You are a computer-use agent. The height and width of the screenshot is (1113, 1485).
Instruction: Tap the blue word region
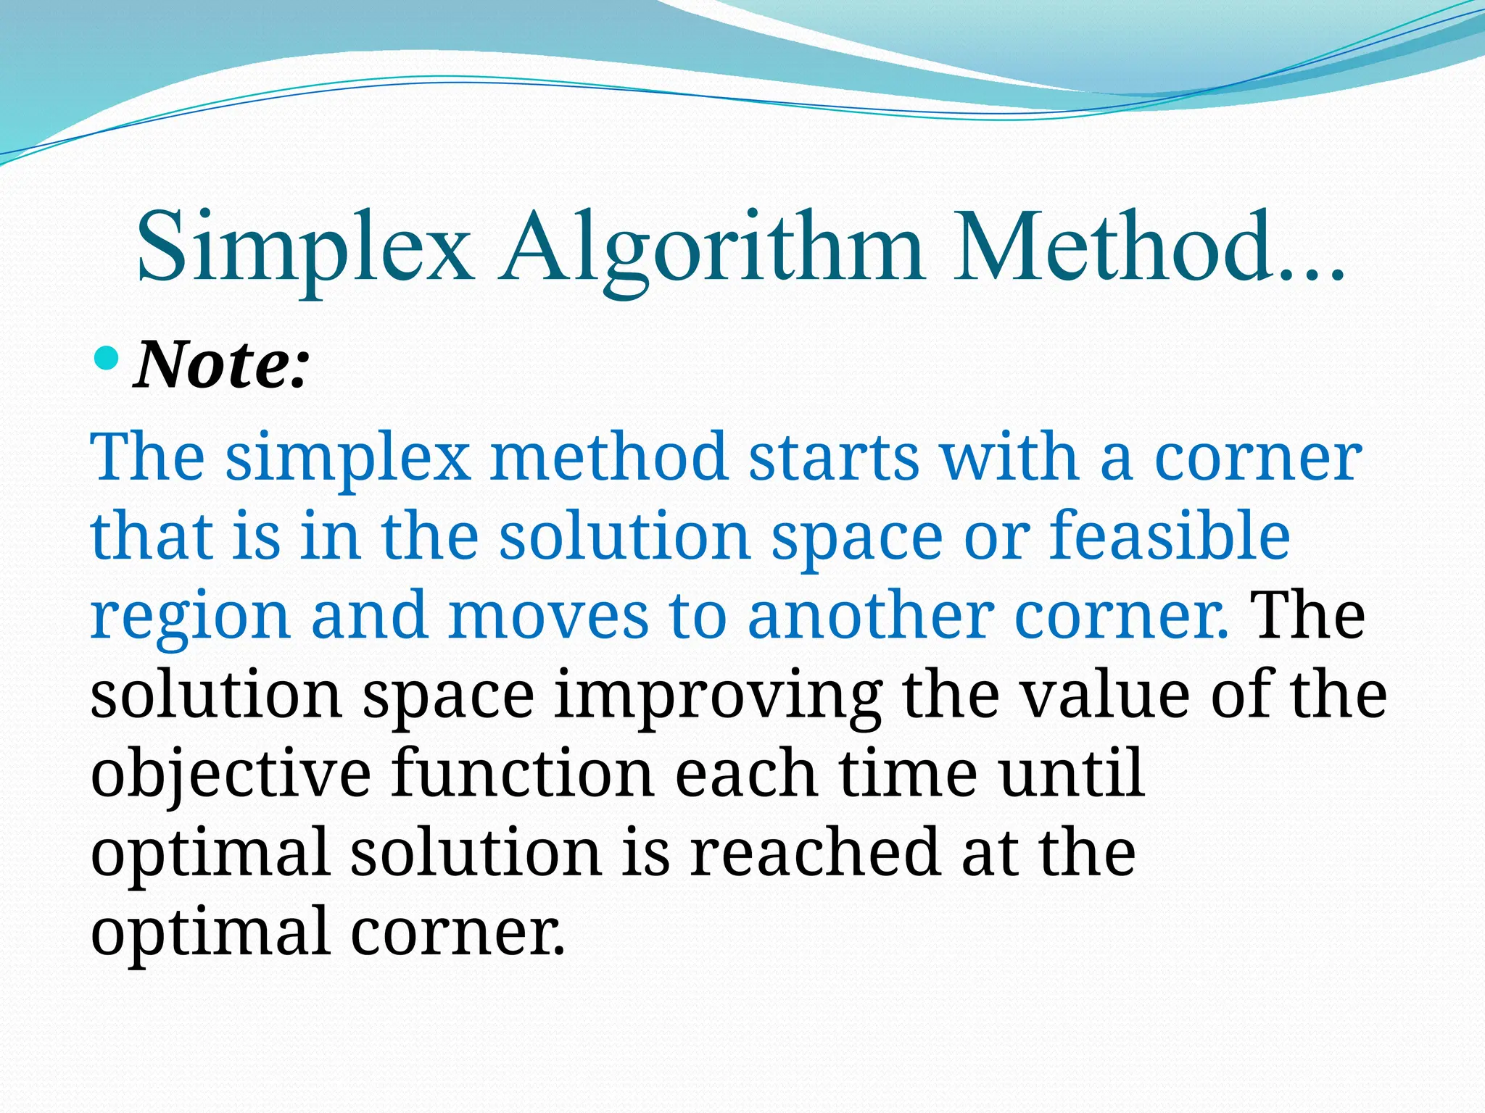(190, 616)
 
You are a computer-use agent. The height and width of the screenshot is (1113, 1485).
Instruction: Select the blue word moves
(548, 616)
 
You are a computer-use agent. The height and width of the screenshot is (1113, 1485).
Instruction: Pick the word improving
(718, 696)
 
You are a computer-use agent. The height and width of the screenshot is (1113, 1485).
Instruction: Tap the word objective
(231, 775)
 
